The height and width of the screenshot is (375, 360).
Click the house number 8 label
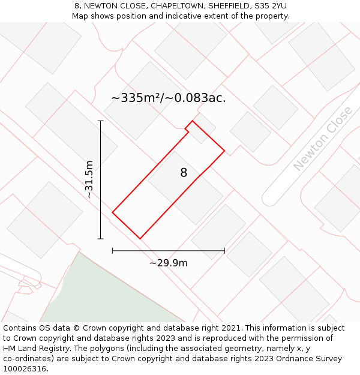(x=184, y=173)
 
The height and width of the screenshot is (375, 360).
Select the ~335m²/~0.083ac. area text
(x=169, y=98)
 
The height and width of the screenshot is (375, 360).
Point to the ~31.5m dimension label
(x=89, y=179)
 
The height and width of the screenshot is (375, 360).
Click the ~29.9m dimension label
(x=169, y=263)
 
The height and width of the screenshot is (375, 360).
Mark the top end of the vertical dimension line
(x=101, y=121)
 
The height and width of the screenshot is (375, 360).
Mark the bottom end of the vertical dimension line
(x=101, y=239)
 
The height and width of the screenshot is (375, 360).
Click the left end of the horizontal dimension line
(x=113, y=251)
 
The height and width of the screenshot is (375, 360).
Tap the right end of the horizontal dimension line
(x=224, y=251)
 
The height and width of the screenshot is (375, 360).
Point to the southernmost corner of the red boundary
(x=140, y=239)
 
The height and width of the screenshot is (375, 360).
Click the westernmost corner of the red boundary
(x=113, y=212)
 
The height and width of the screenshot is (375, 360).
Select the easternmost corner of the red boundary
(x=224, y=150)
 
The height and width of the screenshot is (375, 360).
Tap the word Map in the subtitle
(x=81, y=16)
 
